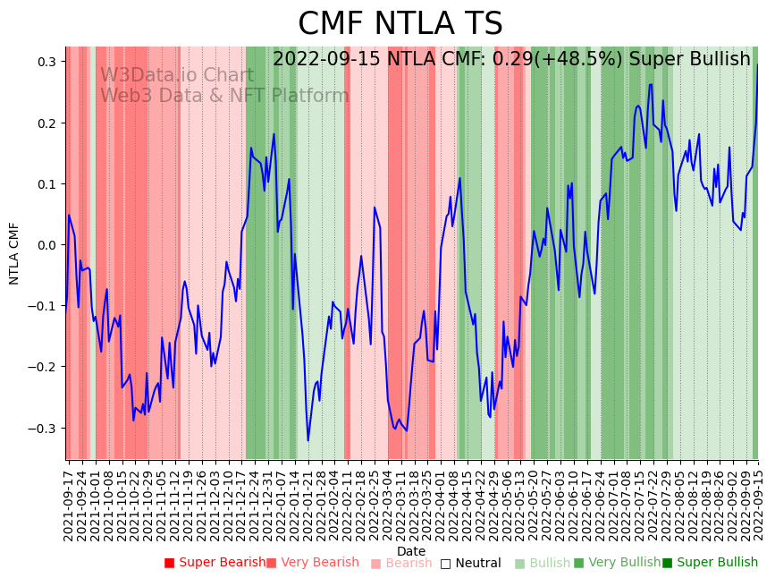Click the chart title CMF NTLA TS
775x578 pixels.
[400, 24]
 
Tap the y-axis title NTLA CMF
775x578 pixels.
[14, 253]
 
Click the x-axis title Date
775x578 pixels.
[411, 551]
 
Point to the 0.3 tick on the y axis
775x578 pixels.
[47, 62]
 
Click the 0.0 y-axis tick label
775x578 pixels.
[47, 245]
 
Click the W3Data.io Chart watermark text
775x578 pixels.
[177, 75]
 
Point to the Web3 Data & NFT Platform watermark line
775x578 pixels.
[224, 96]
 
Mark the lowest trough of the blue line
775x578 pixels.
[308, 440]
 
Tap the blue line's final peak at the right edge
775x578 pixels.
[758, 64]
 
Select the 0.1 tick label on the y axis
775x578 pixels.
[47, 184]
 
